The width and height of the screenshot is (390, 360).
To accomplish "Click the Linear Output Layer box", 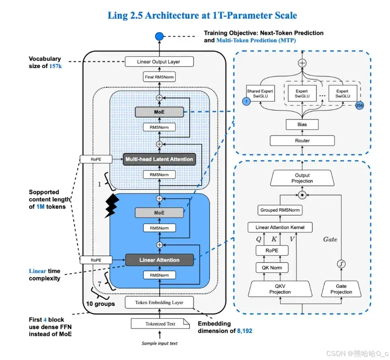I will pos(158,62).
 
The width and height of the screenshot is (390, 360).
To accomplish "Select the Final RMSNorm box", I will pos(158,77).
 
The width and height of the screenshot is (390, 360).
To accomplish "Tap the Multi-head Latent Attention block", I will pos(159,159).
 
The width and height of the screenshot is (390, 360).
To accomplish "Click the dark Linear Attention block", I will pos(159,260).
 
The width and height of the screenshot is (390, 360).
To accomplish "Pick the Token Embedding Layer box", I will pos(159,302).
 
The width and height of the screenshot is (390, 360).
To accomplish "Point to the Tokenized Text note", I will pos(160,324).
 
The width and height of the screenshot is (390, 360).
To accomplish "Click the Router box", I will pos(302,141).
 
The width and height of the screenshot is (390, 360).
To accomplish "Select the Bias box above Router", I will pos(302,124).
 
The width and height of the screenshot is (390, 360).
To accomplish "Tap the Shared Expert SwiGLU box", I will pos(260,94).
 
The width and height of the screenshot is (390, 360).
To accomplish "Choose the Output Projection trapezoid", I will pos(302,178).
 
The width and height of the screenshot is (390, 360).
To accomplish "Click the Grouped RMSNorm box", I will pos(281,210).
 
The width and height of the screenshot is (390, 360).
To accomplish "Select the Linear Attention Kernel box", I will pos(280,227).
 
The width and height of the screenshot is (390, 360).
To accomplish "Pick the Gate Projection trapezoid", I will pos(341,289).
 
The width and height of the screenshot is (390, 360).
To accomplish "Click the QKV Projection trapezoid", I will pos(280,289).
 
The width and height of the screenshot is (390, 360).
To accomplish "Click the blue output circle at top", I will pos(159,36).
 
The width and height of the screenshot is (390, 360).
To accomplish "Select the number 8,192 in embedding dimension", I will pos(245,331).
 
